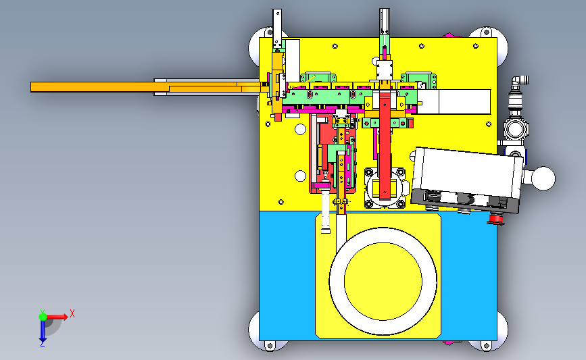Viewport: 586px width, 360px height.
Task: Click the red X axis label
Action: tap(72, 313)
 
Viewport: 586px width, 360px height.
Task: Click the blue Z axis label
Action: tap(42, 344)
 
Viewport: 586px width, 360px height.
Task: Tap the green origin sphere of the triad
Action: tap(43, 317)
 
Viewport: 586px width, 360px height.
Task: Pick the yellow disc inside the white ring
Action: tap(383, 281)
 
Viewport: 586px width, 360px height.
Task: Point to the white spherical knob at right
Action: tap(544, 178)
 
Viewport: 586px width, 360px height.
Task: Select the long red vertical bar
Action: tap(385, 146)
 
